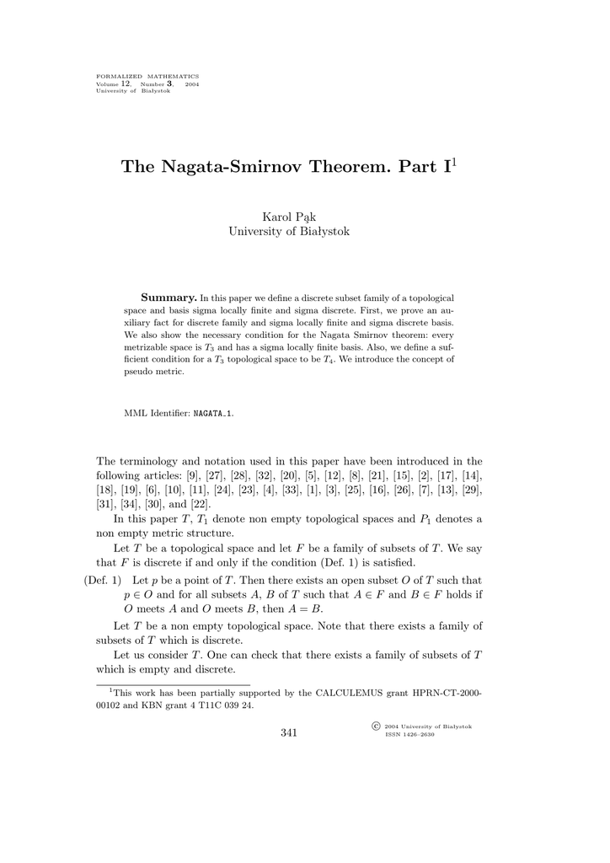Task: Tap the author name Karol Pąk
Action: click(x=289, y=217)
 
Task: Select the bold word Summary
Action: click(x=169, y=298)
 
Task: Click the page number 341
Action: click(x=289, y=732)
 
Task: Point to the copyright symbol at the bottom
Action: click(x=375, y=726)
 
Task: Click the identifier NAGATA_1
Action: click(x=214, y=414)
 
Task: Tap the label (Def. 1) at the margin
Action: click(x=103, y=581)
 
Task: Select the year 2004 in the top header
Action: click(x=192, y=84)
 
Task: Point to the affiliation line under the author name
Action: click(x=289, y=232)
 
